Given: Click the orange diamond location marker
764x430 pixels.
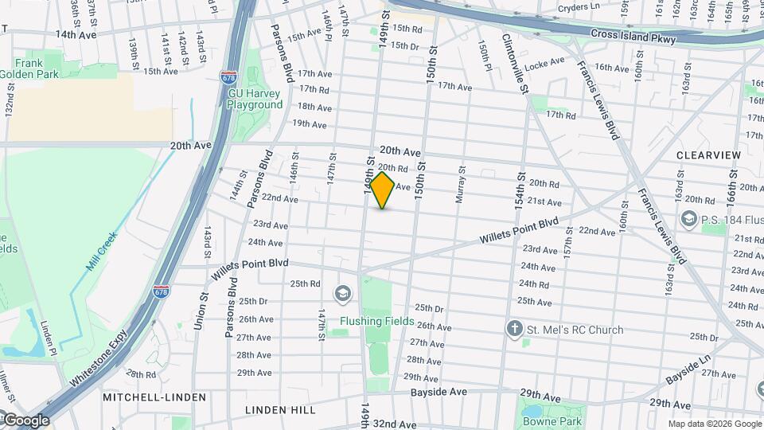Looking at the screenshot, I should click(383, 190).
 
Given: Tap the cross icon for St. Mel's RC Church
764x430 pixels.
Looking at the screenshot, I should click(515, 329).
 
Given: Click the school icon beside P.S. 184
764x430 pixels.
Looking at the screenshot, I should click(688, 218).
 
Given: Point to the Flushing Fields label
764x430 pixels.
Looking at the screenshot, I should click(377, 321).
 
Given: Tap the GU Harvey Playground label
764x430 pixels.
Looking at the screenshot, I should click(255, 99).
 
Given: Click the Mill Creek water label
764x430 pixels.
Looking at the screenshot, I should click(103, 251).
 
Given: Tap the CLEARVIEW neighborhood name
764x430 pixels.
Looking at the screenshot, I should click(708, 154).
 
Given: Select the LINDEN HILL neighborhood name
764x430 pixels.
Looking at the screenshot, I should click(280, 410).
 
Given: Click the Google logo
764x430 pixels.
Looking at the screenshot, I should click(25, 420).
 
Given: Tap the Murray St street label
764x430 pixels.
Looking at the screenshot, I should click(460, 185).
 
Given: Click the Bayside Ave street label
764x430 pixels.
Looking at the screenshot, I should click(439, 393).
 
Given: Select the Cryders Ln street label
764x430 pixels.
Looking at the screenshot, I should click(578, 7).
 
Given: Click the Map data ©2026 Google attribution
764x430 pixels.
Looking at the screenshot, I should click(713, 424).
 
